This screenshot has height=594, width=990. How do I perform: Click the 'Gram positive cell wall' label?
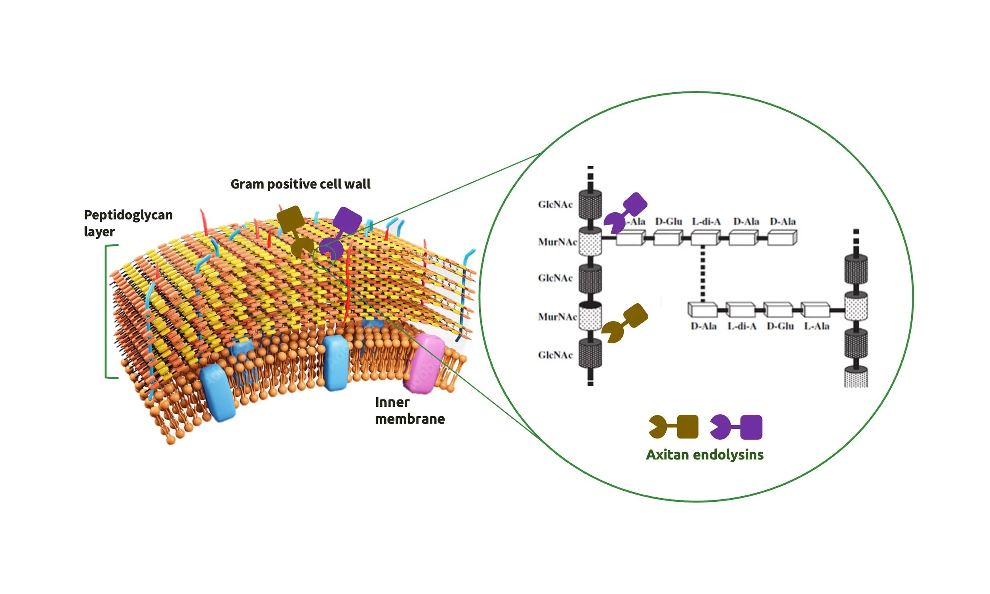300,184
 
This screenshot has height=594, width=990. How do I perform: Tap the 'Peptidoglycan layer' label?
128,223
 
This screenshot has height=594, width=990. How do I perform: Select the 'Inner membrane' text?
409,410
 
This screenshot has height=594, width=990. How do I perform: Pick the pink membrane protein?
424,364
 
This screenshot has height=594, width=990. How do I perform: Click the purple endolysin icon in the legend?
736,427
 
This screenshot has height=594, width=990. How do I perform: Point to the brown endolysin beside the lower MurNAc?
624,323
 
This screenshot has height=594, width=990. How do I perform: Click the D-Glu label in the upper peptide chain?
668,221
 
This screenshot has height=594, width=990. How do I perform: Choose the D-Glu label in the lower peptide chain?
780,326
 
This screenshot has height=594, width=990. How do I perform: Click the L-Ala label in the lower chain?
816,326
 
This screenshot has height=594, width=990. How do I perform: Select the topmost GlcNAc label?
555,205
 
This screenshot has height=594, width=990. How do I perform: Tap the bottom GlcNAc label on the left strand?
555,355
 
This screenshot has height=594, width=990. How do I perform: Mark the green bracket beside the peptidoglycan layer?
107,311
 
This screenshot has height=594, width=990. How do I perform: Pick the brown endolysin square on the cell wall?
291,219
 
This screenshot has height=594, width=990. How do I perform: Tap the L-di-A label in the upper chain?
706,221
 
